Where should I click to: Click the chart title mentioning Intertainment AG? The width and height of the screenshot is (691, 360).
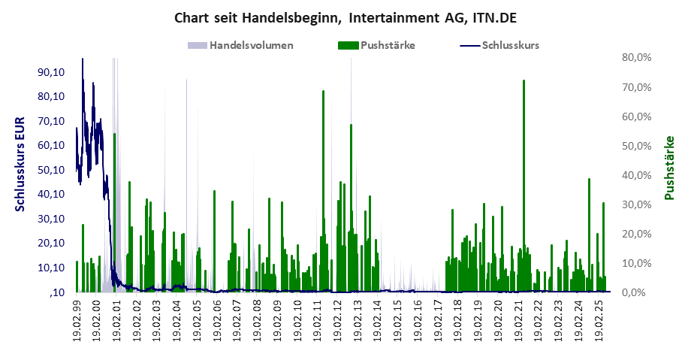tap(345, 17)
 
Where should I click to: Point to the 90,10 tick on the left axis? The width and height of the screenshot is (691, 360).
tap(51, 72)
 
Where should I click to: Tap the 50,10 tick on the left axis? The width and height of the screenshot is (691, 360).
tap(51, 170)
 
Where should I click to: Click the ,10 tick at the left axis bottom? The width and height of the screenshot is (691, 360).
tap(57, 292)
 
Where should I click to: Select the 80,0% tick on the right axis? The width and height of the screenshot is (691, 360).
tap(637, 57)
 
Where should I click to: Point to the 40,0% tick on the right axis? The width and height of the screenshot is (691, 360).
tap(637, 175)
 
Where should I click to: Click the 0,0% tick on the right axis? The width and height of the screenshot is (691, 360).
tap(639, 292)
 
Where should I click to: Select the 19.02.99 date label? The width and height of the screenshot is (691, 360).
tap(77, 320)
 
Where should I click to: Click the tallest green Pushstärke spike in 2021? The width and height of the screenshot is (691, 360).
tap(524, 81)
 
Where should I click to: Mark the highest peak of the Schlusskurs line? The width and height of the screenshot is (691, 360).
tap(83, 59)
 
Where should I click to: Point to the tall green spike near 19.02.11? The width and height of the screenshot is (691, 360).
tap(323, 92)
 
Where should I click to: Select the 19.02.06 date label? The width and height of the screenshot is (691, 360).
tap(217, 320)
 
